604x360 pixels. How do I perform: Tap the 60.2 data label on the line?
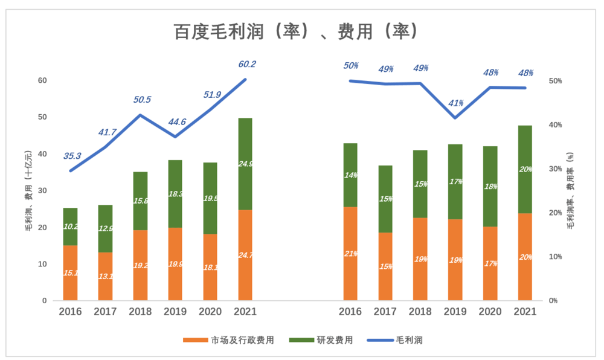pos(246,64)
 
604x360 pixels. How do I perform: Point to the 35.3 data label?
pos(72,156)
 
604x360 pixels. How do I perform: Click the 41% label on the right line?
pos(455,103)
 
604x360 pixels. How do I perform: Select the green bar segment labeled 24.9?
pos(245,164)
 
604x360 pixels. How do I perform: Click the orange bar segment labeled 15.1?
pos(70,273)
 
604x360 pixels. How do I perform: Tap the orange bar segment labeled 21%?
pos(350,254)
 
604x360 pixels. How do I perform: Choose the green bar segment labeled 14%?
pos(350,175)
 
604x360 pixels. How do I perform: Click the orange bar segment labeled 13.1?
pos(105,277)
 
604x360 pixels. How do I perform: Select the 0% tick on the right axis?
pos(553,301)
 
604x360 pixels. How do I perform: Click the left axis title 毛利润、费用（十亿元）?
pos(28,190)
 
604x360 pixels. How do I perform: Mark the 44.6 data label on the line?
pos(176,121)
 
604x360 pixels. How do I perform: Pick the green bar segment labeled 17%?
pos(455,182)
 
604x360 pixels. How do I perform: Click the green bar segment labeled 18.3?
pos(175,194)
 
